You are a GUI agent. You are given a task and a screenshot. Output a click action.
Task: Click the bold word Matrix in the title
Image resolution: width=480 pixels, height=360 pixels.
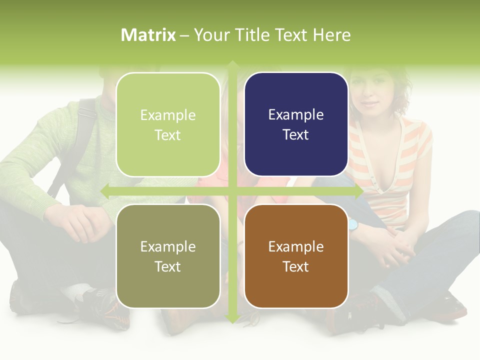tap(148, 35)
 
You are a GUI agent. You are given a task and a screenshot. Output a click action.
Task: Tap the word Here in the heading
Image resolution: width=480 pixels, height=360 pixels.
tap(331, 35)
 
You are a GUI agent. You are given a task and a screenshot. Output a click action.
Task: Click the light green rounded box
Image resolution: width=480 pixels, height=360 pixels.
tap(168, 124)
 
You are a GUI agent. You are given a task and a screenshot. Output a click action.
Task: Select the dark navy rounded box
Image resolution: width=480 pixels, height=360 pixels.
tap(296, 124)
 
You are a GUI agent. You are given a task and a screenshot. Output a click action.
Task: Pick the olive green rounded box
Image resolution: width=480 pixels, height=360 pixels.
tap(168, 256)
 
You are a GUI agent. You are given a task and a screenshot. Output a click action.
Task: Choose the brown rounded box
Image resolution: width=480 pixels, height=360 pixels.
tap(296, 256)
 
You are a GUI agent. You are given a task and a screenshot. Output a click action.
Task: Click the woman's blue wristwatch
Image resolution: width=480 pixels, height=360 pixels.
tap(354, 224)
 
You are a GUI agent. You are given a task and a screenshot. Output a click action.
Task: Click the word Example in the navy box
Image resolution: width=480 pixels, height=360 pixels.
tap(296, 115)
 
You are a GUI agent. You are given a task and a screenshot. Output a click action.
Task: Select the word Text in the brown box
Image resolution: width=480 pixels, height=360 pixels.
tap(296, 266)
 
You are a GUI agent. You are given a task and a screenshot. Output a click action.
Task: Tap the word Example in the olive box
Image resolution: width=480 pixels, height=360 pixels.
tap(168, 246)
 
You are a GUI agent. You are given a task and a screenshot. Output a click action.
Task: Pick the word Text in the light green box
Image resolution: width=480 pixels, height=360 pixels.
tap(168, 135)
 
